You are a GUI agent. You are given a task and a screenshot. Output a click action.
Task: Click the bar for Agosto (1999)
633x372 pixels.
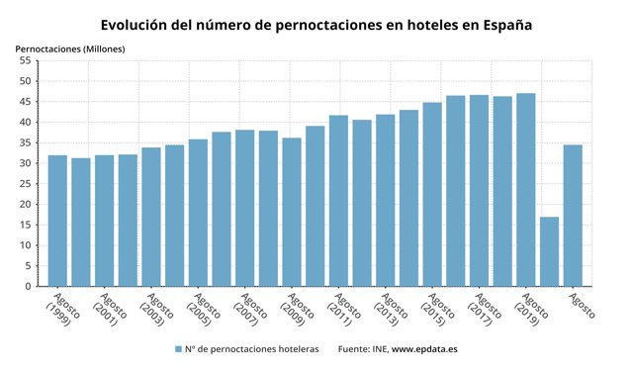pos(57,221)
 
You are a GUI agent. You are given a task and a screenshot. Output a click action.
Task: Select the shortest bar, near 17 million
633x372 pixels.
pos(549,251)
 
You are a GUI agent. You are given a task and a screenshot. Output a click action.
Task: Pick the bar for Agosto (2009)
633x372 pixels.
pos(292,212)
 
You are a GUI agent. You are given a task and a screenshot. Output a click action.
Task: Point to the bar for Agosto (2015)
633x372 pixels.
pos(432,194)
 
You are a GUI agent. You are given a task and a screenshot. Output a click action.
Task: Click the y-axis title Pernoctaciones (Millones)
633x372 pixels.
pos(63,47)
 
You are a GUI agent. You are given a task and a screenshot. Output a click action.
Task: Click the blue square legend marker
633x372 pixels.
pos(177,349)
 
